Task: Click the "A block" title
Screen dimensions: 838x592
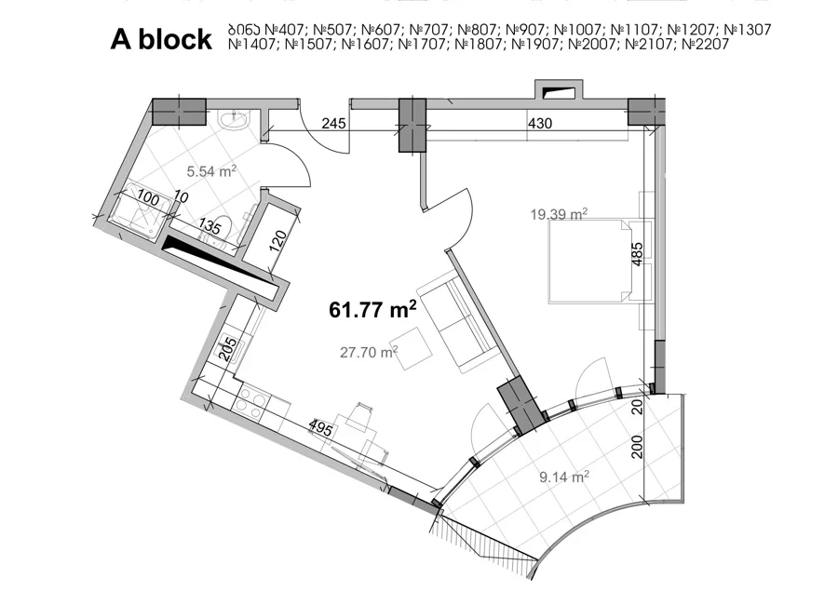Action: point(161,39)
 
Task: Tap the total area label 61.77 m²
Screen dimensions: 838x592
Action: point(372,309)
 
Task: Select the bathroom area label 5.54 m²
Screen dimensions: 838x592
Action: point(211,171)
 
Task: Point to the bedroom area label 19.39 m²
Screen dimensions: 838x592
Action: point(559,214)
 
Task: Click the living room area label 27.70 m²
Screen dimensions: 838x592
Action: point(369,352)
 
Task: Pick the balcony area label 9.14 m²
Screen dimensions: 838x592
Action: point(564,477)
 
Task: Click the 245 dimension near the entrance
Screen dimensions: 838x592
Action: point(334,124)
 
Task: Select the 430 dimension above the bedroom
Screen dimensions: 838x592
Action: point(540,124)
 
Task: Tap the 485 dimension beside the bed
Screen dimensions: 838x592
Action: point(637,254)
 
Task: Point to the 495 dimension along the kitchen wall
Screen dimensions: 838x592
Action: point(320,428)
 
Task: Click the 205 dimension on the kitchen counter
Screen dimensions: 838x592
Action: point(228,349)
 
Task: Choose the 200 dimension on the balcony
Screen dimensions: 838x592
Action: point(637,447)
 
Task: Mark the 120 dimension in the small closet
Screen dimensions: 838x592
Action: point(277,241)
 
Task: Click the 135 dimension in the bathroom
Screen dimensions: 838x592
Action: point(209,226)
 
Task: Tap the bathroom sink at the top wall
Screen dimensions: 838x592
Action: point(233,120)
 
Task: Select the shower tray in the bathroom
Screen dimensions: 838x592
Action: point(140,210)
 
